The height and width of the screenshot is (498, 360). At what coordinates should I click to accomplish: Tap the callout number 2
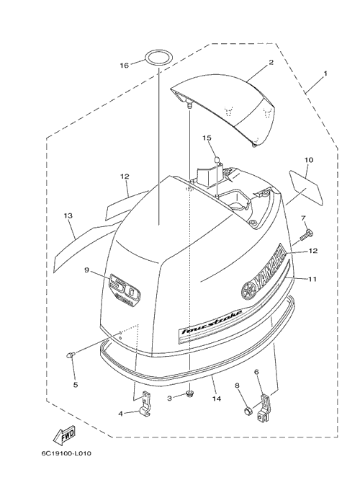coord(271,62)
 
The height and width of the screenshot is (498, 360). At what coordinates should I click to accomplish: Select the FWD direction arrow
coord(65,435)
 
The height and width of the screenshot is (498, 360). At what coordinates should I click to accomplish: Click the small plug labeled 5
coord(70,355)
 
